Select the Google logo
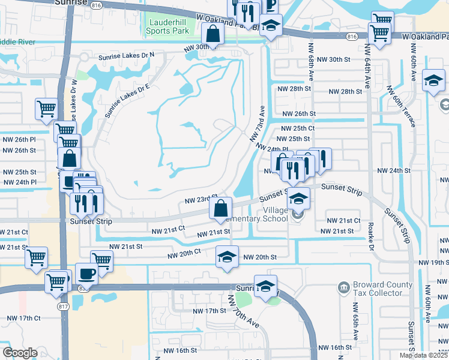20,353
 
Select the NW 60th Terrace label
400,106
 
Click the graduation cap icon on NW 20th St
226,257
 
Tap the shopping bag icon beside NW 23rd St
221,208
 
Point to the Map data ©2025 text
424,355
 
